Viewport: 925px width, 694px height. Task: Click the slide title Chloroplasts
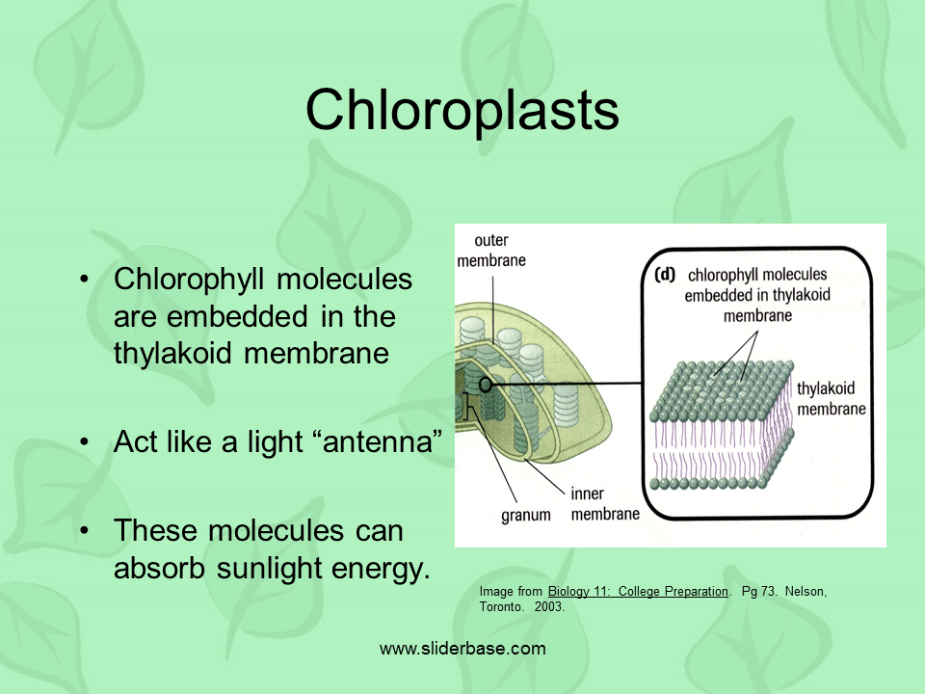(462, 110)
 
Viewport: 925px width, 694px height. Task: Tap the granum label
(526, 515)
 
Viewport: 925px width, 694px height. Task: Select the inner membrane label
(604, 504)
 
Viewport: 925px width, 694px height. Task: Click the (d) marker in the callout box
(665, 275)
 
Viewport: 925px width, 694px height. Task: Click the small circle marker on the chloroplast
(487, 385)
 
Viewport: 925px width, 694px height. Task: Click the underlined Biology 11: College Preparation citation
(638, 591)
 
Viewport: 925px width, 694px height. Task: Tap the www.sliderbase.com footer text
(462, 649)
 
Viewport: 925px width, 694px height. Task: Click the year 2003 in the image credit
(548, 607)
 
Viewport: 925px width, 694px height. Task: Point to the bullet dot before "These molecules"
(85, 531)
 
